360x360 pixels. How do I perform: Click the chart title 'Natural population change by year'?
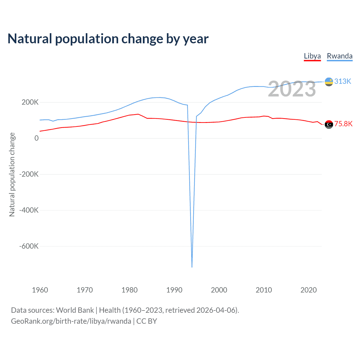108,39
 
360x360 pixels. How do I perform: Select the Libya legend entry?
312,56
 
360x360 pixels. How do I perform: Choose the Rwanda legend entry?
339,56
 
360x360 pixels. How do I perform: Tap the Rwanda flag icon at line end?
329,82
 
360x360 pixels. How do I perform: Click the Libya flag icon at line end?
329,124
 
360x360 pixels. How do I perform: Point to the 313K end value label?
343,81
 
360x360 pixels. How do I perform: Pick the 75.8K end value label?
343,124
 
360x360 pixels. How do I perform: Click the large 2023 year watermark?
292,89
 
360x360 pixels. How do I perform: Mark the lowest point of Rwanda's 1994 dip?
192,267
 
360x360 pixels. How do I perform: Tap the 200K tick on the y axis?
30,102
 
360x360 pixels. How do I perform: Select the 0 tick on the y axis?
37,138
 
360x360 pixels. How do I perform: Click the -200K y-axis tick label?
29,174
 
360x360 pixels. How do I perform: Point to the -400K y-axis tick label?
29,210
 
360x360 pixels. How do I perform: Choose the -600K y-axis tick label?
29,246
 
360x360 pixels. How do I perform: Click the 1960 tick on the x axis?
40,290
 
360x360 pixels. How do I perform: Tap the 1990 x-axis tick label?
174,290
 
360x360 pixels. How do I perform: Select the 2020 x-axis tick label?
309,290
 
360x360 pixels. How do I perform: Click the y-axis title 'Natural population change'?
12,175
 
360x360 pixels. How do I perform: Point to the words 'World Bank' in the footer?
75,310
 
